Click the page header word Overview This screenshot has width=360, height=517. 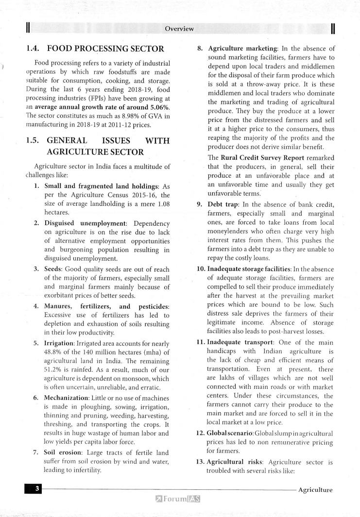click(179, 29)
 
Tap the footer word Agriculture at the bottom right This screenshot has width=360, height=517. click(315, 490)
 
